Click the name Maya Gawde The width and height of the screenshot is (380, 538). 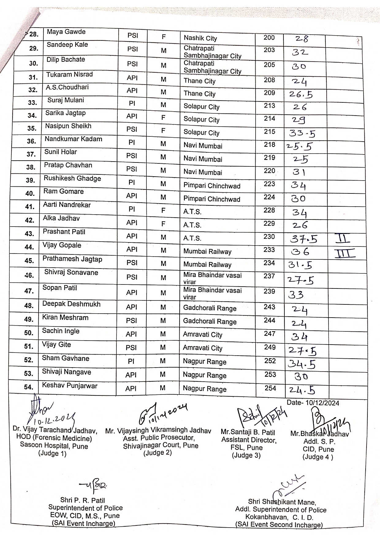(x=66, y=32)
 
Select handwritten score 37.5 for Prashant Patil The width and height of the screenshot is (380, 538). (x=304, y=239)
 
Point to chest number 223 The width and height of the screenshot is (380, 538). (x=269, y=184)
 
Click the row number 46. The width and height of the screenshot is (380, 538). (x=29, y=275)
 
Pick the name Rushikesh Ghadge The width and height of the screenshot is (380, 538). (x=72, y=178)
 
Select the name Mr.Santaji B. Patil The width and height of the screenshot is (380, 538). (x=248, y=433)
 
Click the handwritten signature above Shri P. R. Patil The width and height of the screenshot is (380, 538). (x=94, y=486)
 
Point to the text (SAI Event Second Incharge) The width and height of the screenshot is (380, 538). (x=279, y=525)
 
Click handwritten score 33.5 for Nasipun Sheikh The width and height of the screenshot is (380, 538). (x=302, y=133)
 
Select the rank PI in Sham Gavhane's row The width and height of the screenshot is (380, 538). (x=131, y=361)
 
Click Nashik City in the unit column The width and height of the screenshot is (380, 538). (x=200, y=38)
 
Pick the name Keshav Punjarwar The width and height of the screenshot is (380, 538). (x=70, y=386)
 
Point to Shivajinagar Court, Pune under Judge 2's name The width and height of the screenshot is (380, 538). (x=161, y=445)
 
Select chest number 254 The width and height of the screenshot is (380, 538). (x=270, y=388)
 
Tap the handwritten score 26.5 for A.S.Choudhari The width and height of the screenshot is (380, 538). (x=301, y=94)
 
